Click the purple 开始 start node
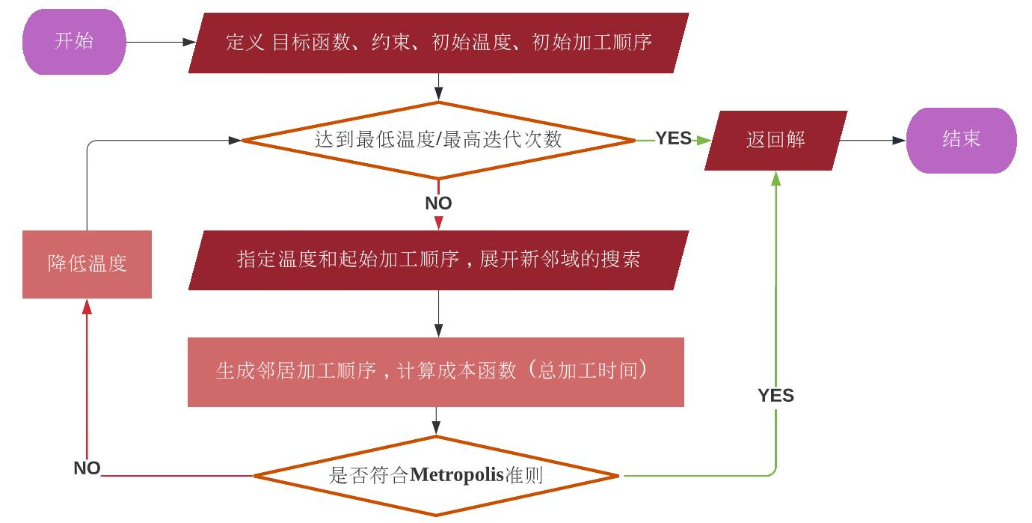[74, 42]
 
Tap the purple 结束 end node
[961, 140]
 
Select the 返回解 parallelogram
[775, 140]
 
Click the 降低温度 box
[87, 264]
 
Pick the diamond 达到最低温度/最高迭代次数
[438, 140]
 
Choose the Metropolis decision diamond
[436, 476]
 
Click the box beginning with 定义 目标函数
[438, 43]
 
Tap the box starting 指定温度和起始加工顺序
[438, 260]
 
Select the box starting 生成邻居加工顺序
[436, 372]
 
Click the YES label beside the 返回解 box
[673, 139]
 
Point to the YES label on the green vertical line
[775, 396]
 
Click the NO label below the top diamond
[438, 204]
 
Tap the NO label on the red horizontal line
[87, 468]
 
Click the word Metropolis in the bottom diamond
[458, 476]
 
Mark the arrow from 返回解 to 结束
[872, 140]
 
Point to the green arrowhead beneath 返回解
[775, 178]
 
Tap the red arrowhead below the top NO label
[438, 223]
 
